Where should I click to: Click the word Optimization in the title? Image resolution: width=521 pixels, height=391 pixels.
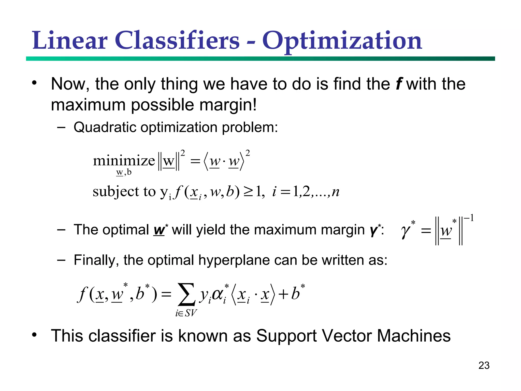coord(342,41)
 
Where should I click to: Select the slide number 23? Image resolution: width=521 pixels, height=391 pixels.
coord(484,365)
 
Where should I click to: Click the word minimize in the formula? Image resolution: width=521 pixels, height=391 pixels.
coord(124,161)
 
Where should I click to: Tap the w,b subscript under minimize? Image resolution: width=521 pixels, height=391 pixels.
coord(124,172)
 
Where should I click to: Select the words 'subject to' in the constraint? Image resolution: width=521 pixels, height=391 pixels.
coord(124,191)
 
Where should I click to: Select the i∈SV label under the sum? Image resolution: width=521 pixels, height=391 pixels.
coord(186,313)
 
